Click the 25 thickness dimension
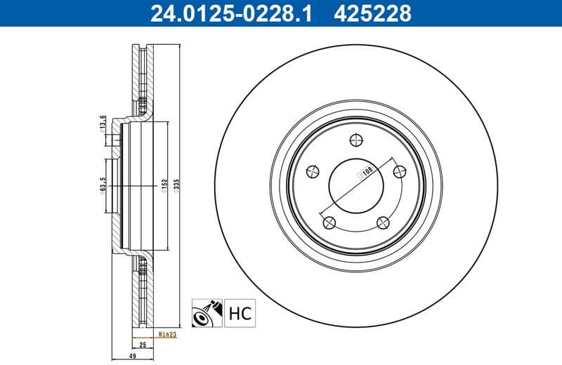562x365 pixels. tap(142, 345)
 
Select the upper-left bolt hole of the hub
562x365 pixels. tap(312, 169)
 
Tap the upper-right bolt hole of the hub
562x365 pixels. tap(400, 171)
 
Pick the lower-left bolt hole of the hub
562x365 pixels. tap(328, 223)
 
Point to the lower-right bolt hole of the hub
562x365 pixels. tap(383, 223)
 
